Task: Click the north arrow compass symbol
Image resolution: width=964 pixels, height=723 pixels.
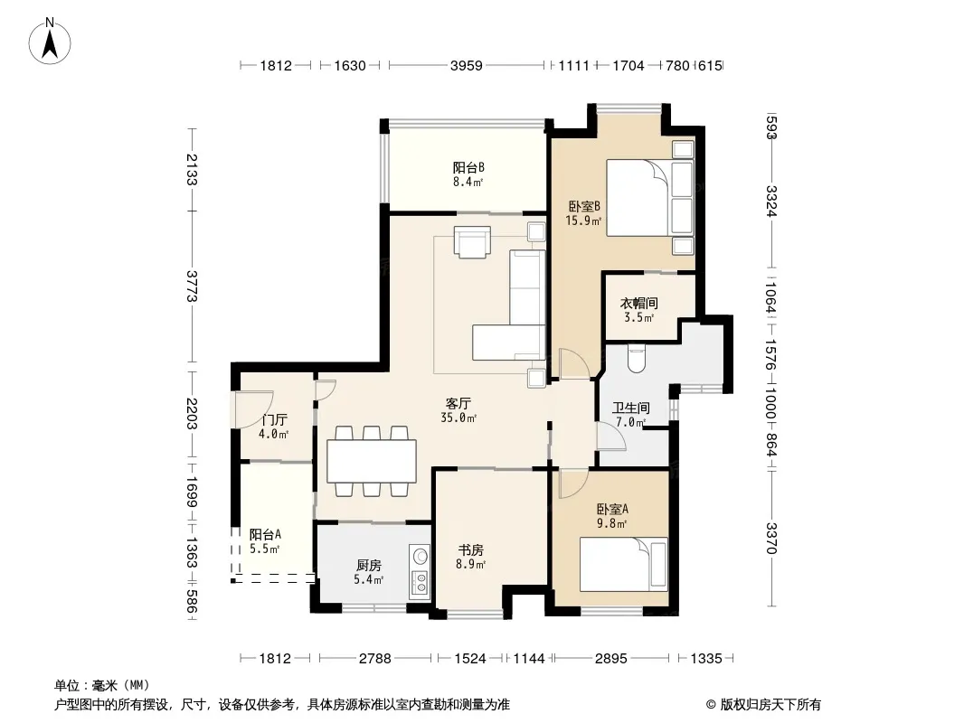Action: (x=50, y=41)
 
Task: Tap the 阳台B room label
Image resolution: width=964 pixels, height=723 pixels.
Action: (x=468, y=167)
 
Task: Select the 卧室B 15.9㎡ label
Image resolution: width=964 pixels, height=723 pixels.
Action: (x=583, y=212)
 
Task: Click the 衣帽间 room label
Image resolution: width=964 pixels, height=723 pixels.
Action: (x=638, y=303)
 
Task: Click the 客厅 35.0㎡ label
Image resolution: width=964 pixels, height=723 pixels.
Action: (x=458, y=410)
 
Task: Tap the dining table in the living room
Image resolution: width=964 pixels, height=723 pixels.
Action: (x=372, y=461)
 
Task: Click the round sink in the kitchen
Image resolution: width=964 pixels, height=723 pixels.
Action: (x=421, y=556)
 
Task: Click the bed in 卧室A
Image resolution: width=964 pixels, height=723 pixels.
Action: (x=623, y=564)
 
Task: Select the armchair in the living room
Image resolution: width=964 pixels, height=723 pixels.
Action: (x=472, y=241)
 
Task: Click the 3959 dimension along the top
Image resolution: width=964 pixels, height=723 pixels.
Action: (x=467, y=65)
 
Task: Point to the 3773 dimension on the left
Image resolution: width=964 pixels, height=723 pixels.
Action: (x=192, y=286)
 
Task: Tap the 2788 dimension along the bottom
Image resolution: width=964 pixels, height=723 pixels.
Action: (x=375, y=659)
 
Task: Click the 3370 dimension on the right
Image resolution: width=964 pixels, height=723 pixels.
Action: (x=771, y=538)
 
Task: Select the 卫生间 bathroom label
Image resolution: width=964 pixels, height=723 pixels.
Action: (x=631, y=408)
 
